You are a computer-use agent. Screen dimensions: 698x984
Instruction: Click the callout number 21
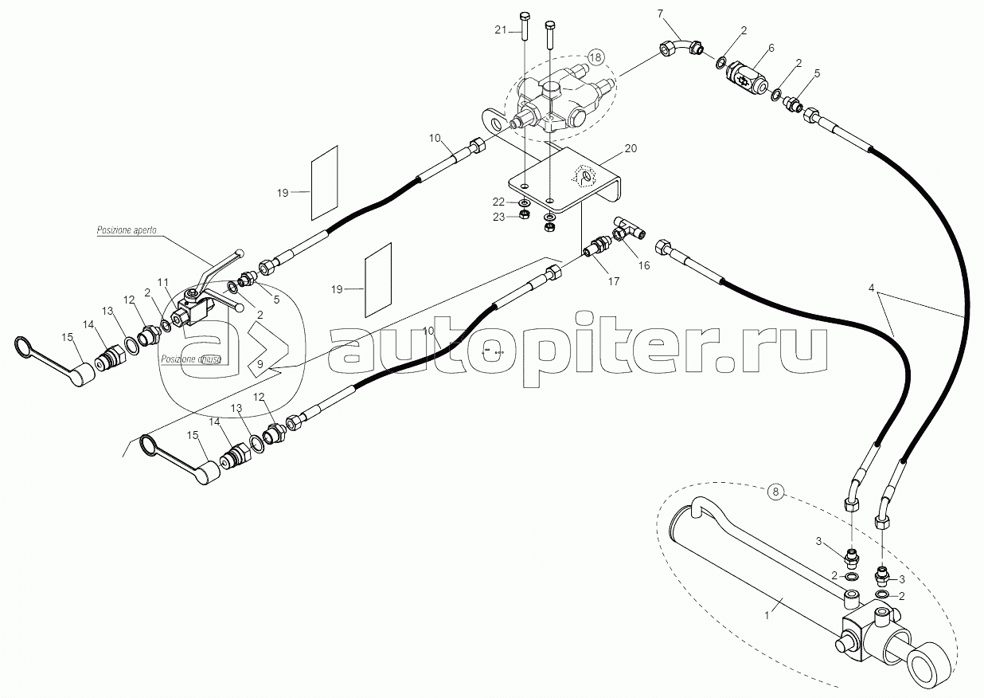coord(500,30)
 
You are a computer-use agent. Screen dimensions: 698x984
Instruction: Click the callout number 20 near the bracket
coord(631,149)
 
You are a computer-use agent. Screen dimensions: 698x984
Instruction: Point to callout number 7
coord(660,14)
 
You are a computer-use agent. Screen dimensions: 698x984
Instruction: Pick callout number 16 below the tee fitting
coord(643,265)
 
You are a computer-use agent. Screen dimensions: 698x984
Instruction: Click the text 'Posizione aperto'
coord(127,229)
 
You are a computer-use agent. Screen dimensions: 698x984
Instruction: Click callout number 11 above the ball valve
coord(162,282)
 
